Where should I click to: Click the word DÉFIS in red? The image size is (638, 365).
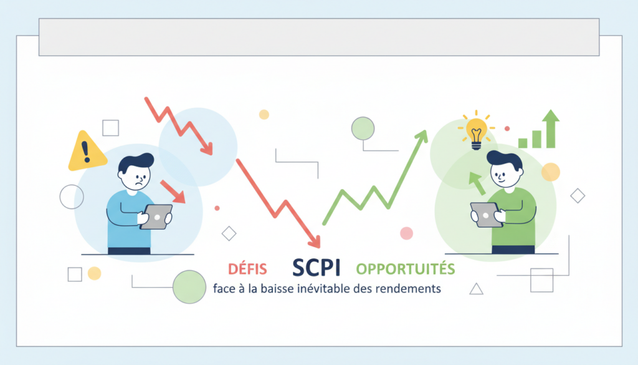[x=247, y=269]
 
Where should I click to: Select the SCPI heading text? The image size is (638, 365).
[x=316, y=268]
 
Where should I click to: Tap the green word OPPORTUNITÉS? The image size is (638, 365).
[x=405, y=269]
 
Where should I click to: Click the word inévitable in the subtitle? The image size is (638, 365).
[x=309, y=289]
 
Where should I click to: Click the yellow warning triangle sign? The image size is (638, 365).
[x=85, y=152]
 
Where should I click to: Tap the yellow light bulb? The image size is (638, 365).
[x=477, y=131]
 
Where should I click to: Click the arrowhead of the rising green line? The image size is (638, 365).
[x=422, y=135]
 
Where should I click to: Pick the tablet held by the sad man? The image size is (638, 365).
[x=156, y=217]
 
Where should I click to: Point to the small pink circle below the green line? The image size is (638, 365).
[x=406, y=233]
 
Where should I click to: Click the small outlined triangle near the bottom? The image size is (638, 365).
[x=476, y=288]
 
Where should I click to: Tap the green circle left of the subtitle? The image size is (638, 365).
[x=189, y=286]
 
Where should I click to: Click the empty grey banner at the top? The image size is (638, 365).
[x=319, y=37]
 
